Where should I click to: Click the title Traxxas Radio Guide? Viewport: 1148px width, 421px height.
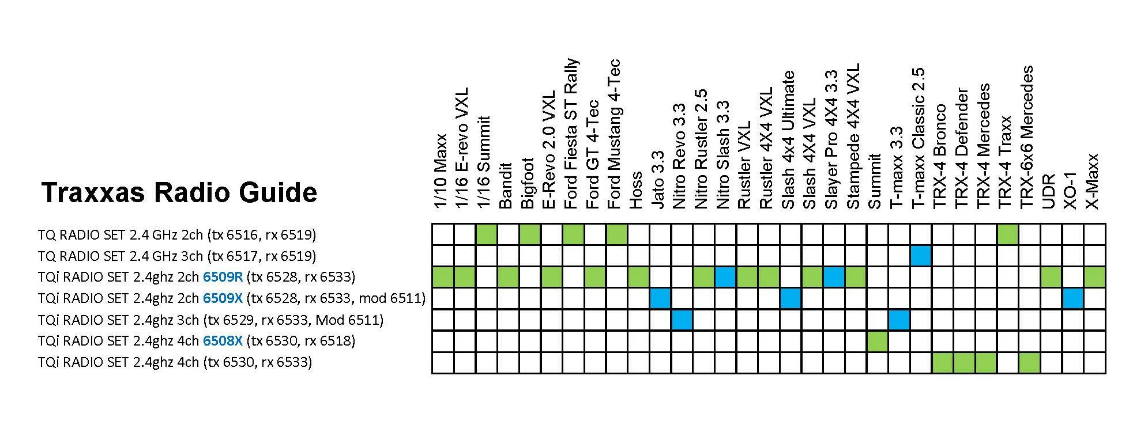pos(179,192)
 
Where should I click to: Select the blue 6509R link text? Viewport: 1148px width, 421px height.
pos(223,277)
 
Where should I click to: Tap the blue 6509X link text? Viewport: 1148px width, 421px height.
pos(223,298)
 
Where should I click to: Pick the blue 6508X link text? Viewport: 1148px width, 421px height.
pos(223,341)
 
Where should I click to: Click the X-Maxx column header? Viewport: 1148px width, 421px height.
pos(1093,181)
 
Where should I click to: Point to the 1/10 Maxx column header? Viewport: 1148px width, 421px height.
pos(441,171)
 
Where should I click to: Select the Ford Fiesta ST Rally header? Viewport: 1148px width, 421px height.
pos(571,134)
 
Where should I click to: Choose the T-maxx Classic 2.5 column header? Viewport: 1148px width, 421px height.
pos(919,138)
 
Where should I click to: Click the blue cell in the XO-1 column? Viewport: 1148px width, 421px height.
pos(1073,298)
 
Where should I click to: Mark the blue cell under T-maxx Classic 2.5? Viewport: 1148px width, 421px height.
pos(921,256)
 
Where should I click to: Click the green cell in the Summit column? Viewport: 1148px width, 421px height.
pos(878,341)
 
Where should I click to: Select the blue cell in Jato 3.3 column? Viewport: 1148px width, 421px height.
pos(660,298)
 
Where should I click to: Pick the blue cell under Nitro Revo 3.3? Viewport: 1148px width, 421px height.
pos(682,320)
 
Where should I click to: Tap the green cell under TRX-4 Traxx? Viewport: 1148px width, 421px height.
pos(1008,234)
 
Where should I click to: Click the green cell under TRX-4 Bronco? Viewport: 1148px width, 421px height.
pos(943,363)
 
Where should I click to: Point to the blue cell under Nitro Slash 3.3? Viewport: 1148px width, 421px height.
pos(725,277)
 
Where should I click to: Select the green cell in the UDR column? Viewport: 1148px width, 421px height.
pos(1051,277)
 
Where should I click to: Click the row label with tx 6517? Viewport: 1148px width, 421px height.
pos(177,256)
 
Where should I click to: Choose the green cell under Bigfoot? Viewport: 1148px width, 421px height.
pos(530,234)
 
